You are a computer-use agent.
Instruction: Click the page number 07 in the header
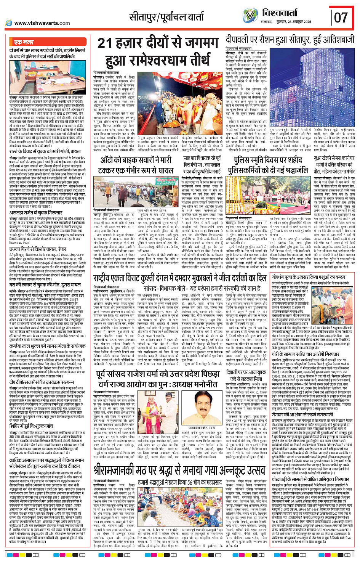341,17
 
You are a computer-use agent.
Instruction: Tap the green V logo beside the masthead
250,16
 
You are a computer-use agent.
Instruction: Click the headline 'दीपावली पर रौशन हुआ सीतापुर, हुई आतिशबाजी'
290,39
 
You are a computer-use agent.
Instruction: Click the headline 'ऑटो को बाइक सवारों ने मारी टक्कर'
137,164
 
